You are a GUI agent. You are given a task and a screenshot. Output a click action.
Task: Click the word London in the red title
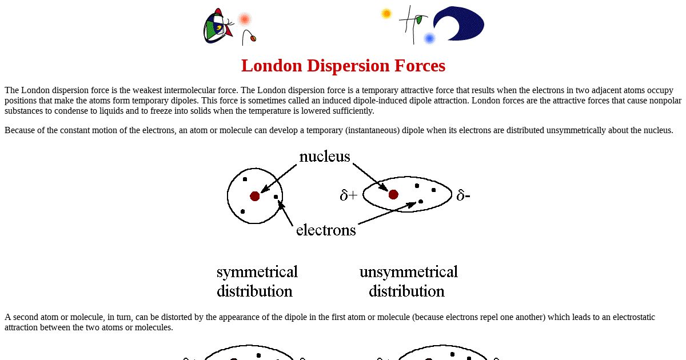272,66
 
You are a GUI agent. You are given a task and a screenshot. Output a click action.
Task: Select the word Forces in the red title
420,66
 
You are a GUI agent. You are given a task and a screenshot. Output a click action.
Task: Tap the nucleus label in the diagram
324,157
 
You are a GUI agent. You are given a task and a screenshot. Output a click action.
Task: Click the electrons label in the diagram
326,230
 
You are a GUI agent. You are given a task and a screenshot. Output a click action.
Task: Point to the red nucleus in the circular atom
255,196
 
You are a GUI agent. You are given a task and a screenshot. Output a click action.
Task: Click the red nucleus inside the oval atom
393,194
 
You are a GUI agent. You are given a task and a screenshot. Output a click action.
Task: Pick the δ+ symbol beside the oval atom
349,195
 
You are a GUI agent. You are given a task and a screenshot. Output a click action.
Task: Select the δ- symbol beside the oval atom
463,195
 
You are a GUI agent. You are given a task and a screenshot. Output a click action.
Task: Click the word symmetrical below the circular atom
257,272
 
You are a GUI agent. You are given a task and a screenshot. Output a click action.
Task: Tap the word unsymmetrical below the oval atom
409,272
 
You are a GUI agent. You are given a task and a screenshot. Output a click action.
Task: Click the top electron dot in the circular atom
245,179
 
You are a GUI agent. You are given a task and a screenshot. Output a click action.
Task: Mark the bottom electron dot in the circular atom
242,211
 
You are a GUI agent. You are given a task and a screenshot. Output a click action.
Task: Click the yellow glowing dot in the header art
386,14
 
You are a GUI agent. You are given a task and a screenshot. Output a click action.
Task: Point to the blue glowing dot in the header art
429,39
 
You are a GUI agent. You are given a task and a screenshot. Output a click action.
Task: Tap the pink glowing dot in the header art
245,19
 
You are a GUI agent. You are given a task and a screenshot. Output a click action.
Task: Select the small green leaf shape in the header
419,20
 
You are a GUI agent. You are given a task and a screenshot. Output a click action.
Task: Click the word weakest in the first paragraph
147,90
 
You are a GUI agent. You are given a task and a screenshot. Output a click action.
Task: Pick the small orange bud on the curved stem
253,38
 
